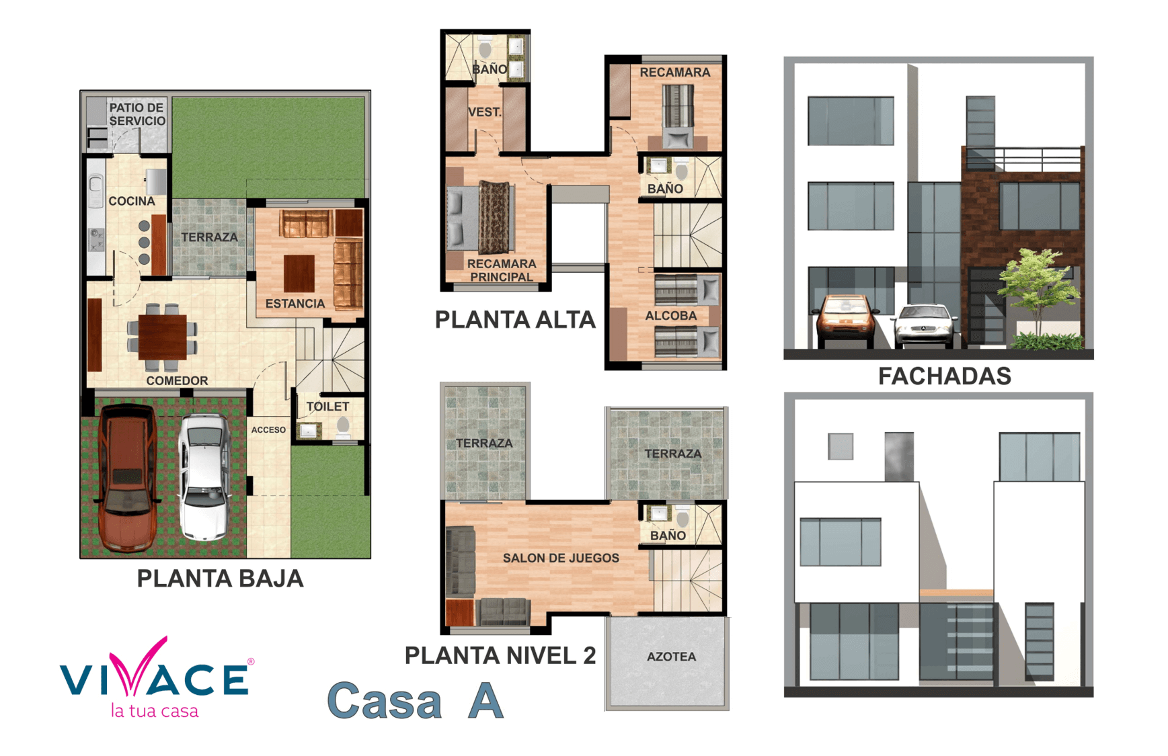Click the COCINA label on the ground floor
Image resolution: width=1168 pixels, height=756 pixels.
(132, 201)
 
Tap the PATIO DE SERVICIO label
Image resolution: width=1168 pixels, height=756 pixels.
(137, 114)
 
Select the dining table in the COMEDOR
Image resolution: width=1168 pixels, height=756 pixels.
(163, 337)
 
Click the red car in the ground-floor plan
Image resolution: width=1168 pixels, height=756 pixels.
(128, 477)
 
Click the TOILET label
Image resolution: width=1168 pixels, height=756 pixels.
(327, 407)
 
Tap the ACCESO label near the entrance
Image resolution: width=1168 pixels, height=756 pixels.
(268, 430)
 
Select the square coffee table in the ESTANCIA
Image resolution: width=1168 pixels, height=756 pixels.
(299, 274)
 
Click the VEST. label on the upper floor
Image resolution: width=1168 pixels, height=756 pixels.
(484, 112)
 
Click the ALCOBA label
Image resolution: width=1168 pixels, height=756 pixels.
(670, 316)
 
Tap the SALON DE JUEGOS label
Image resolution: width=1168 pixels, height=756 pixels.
(561, 558)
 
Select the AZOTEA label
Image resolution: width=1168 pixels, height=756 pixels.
(671, 657)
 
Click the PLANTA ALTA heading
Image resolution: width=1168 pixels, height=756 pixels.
(515, 319)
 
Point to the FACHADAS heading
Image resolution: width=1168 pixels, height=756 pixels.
(944, 376)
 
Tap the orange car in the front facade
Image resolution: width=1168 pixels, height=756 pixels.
(846, 320)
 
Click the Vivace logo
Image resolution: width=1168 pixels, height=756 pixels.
(156, 677)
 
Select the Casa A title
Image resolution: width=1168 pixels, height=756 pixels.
(415, 700)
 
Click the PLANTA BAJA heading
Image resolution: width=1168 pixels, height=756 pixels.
(220, 579)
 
